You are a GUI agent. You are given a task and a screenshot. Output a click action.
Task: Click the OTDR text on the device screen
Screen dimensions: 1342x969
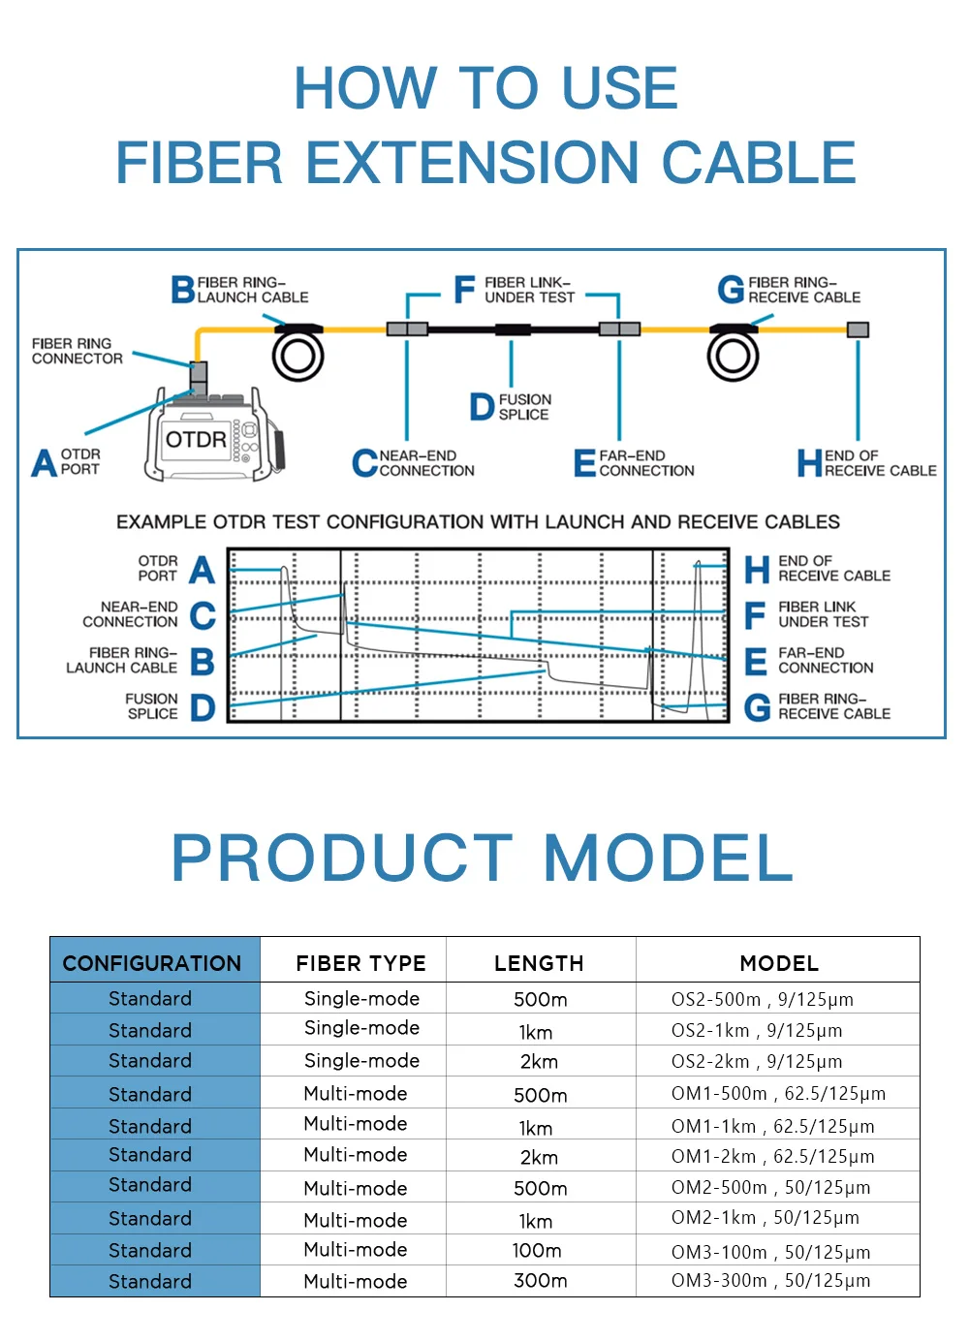[196, 440]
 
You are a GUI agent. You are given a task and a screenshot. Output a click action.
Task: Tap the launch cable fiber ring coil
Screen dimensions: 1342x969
[297, 357]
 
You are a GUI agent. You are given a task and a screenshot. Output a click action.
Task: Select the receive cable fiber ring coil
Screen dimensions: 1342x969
[733, 357]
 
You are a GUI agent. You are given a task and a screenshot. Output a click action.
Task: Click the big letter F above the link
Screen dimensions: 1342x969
[464, 289]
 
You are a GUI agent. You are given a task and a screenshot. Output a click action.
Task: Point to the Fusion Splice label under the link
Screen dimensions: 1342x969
[523, 407]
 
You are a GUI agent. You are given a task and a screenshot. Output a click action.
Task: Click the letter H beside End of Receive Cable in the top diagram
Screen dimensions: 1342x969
[809, 463]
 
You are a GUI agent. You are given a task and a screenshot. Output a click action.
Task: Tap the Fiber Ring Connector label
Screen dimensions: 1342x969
[78, 351]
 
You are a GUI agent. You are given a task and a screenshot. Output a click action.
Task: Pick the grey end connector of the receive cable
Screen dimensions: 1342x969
[858, 329]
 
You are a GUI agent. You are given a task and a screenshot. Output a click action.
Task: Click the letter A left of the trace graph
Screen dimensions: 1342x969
[202, 570]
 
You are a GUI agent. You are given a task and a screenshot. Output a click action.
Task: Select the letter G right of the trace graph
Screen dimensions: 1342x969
[757, 707]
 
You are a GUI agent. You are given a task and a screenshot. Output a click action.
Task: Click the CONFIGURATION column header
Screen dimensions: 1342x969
[152, 963]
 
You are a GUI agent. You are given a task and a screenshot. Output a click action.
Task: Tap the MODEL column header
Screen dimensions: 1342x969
[779, 963]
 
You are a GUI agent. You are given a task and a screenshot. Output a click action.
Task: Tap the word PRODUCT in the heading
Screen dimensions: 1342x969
[341, 858]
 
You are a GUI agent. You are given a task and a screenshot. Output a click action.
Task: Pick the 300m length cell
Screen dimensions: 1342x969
[540, 1281]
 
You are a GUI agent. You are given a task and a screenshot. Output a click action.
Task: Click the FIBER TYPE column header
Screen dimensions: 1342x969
[360, 963]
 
